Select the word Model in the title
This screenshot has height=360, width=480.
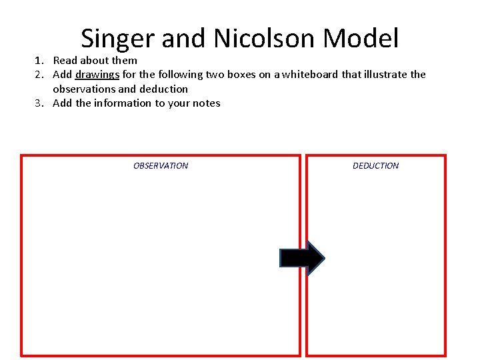(x=361, y=39)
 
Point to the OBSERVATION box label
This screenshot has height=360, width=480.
(x=161, y=166)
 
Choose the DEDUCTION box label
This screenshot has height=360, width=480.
(x=375, y=166)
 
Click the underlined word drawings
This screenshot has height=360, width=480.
(x=97, y=75)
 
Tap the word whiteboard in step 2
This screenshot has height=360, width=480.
(x=311, y=75)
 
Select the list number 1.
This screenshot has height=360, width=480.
(x=39, y=61)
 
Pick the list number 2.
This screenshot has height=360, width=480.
(x=39, y=75)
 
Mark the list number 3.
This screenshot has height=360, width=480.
(x=39, y=103)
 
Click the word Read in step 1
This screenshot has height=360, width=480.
(x=65, y=61)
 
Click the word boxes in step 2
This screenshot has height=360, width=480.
(x=240, y=75)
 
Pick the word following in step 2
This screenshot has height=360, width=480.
(x=180, y=75)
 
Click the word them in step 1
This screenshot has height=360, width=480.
(x=124, y=61)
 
